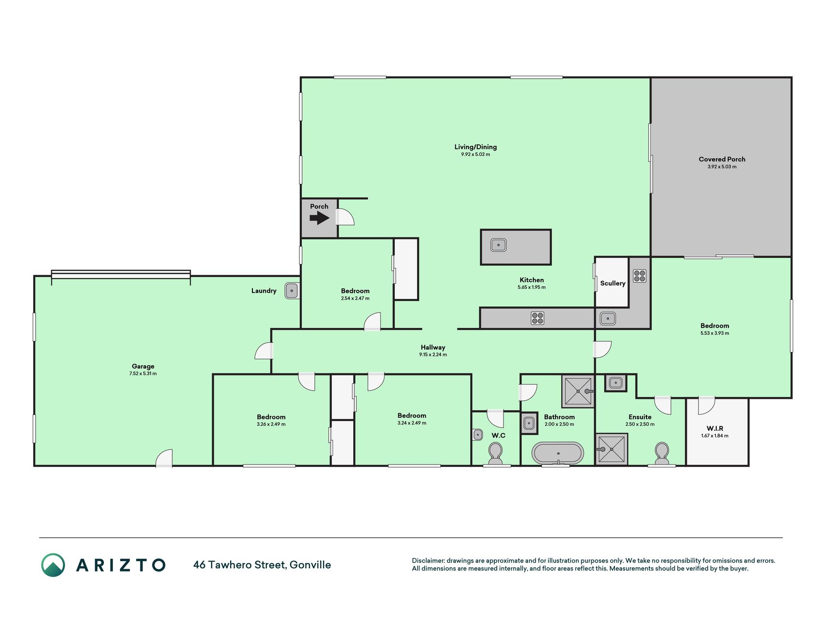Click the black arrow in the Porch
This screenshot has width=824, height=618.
(319, 218)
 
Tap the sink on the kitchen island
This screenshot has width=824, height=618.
(499, 245)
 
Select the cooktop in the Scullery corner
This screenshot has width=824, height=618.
(640, 276)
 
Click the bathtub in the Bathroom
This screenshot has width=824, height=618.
(558, 453)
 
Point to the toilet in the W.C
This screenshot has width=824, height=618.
(495, 453)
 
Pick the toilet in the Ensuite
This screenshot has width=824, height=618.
(661, 453)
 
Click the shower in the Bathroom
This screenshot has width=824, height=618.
(578, 391)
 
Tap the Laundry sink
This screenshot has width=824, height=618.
(292, 291)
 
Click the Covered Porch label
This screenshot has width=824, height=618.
(722, 159)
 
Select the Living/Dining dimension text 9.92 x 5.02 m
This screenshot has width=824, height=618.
(475, 154)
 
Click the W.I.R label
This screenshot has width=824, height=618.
(714, 428)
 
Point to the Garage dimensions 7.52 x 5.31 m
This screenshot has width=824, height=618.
(143, 374)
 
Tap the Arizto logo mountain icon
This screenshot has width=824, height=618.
(53, 565)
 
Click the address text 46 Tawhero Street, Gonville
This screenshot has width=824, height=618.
(262, 565)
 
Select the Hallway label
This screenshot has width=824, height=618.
(433, 347)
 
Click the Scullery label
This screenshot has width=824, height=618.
(613, 283)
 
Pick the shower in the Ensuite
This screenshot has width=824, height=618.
(612, 449)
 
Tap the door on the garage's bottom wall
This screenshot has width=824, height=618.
(164, 458)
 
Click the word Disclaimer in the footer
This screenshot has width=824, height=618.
(428, 561)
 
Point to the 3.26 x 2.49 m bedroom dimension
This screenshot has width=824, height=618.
(271, 424)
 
